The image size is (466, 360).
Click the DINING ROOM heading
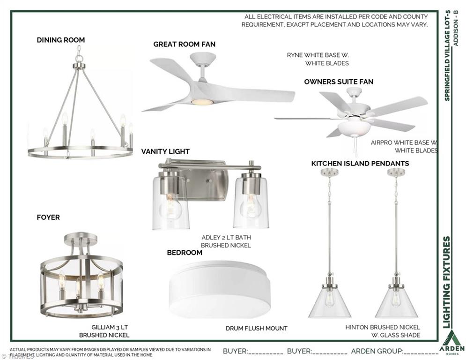[60, 40]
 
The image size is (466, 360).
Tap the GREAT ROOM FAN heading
[184, 44]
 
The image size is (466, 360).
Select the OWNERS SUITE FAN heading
[339, 82]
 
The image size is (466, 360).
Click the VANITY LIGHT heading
[165, 151]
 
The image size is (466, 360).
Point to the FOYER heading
[48, 217]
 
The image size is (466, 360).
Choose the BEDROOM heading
[185, 253]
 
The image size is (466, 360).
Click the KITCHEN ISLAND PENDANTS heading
[360, 163]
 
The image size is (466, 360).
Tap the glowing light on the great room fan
[202, 102]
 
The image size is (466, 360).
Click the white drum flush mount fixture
[220, 289]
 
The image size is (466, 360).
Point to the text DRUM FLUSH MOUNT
[257, 329]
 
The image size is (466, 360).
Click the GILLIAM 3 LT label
[110, 327]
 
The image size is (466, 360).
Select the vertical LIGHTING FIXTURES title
[447, 282]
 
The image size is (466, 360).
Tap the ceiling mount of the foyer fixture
[81, 238]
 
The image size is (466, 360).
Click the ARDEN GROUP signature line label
[377, 352]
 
